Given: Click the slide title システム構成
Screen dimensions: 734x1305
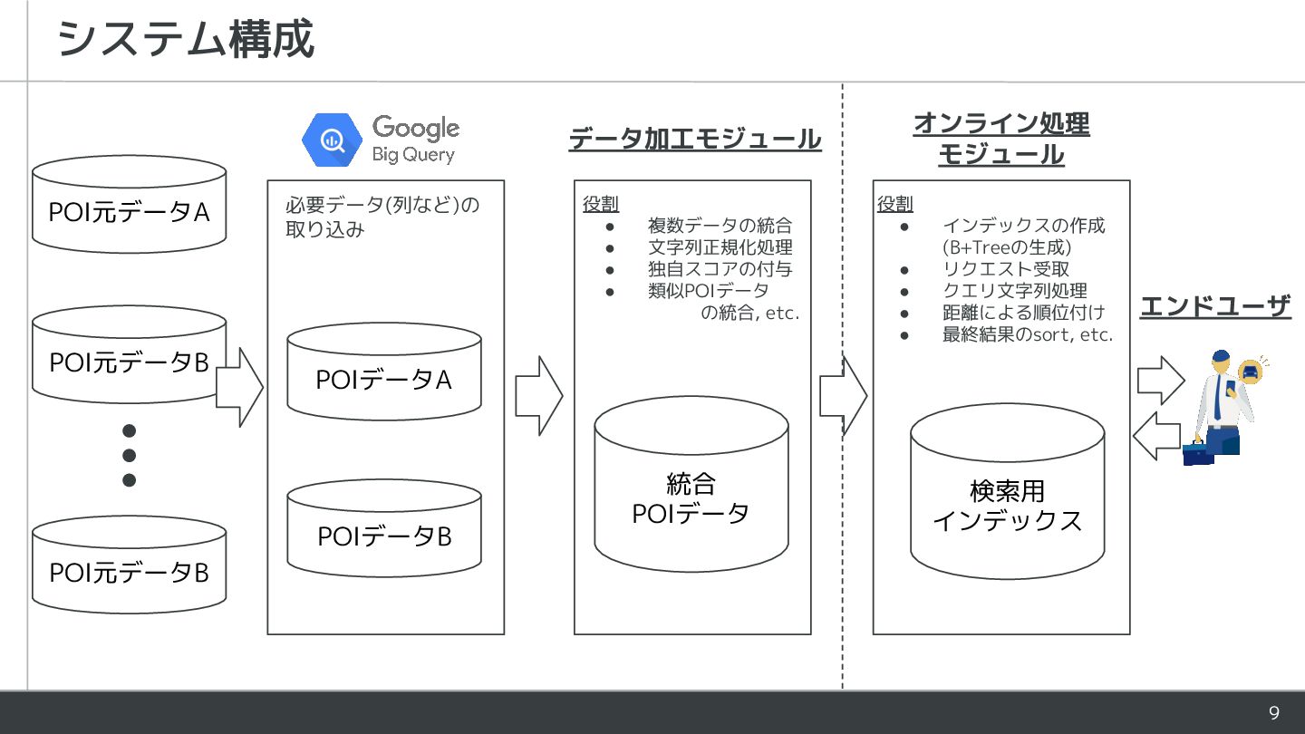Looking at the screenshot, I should coord(186,40).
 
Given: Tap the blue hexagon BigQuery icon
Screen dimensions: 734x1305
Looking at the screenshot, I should coord(332,140).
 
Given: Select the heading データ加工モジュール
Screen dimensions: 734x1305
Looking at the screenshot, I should coord(694,140).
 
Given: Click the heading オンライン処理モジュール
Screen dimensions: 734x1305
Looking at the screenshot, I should coord(1000,139).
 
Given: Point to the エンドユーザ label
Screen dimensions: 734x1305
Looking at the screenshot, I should coord(1214,306).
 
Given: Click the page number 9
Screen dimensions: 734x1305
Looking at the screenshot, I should coord(1273,713).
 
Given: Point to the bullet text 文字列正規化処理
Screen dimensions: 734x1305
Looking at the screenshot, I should coord(720,247).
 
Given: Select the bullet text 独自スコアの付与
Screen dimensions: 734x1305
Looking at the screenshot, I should coord(720,269).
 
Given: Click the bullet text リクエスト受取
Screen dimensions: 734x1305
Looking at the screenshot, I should coord(1006,269).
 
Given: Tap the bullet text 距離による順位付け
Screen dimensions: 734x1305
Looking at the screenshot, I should coord(1023,313).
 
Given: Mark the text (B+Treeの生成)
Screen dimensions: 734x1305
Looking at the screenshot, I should coord(1007,247).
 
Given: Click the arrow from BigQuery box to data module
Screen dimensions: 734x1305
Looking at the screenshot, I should coord(538,396).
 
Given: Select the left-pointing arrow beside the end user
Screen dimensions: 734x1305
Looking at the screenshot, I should coord(1156,435).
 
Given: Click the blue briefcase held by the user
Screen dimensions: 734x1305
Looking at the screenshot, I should coord(1198,452).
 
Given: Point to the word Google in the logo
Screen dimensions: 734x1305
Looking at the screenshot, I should coord(415,128).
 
